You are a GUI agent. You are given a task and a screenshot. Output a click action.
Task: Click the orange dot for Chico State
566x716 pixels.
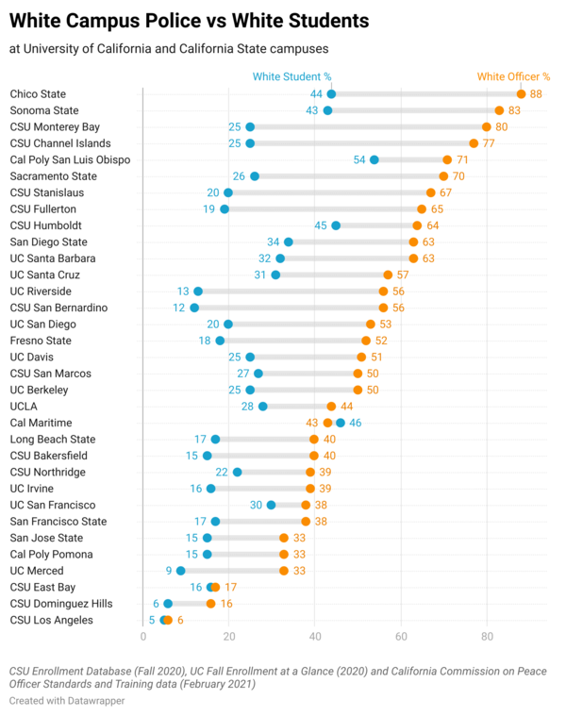[521, 94]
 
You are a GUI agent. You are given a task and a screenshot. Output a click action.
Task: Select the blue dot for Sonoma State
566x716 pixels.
[327, 110]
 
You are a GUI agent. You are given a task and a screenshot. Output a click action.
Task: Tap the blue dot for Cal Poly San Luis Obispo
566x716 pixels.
[375, 159]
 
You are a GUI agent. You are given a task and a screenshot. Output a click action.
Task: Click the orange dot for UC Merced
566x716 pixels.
[284, 571]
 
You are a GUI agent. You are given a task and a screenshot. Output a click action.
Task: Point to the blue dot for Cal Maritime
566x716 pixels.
[341, 423]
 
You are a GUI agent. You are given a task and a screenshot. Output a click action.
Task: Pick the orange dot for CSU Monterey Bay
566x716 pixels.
[487, 126]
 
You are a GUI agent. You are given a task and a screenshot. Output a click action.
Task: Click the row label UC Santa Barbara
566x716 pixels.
[52, 258]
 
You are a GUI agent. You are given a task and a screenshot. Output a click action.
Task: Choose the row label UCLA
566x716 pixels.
[24, 407]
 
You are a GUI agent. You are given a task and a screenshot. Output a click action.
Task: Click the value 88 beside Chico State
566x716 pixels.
[536, 94]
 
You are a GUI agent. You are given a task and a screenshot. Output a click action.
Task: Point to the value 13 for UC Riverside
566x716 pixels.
[183, 291]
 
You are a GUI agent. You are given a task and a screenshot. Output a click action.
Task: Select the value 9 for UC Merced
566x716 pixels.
[168, 571]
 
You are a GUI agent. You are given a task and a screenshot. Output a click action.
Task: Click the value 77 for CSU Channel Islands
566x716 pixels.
[490, 143]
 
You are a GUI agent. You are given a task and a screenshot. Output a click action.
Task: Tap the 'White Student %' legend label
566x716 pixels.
[291, 77]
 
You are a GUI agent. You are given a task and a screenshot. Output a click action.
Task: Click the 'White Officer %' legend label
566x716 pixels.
[513, 77]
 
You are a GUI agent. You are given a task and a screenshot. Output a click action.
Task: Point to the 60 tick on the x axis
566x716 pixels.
[401, 638]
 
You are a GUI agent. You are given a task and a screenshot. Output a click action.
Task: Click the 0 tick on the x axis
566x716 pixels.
[142, 638]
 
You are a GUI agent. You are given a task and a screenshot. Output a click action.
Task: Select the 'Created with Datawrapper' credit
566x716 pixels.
[67, 701]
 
